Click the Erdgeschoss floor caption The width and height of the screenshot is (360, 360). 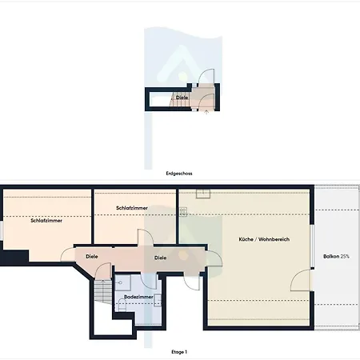pyautogui.click(x=179, y=174)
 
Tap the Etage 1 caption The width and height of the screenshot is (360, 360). pyautogui.click(x=179, y=352)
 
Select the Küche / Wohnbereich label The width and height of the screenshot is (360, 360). pyautogui.click(x=264, y=239)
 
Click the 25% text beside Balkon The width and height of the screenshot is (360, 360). pyautogui.click(x=345, y=256)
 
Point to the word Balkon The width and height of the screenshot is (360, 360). pyautogui.click(x=331, y=256)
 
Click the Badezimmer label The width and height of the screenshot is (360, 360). pyautogui.click(x=138, y=297)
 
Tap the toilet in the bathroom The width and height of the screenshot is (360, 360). pyautogui.click(x=122, y=305)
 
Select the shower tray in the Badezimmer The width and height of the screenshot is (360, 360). pyautogui.click(x=122, y=282)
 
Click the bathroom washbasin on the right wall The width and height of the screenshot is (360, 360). pyautogui.click(x=158, y=300)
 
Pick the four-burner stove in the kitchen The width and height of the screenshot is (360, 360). pyautogui.click(x=183, y=212)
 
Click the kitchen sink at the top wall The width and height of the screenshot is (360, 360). pyautogui.click(x=203, y=194)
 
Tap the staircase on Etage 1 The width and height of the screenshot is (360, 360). pyautogui.click(x=103, y=291)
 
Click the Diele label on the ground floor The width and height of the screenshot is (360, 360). pyautogui.click(x=182, y=98)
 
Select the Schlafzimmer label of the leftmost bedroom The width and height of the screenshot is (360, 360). pyautogui.click(x=46, y=221)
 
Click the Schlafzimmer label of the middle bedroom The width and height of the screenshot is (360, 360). pyautogui.click(x=132, y=208)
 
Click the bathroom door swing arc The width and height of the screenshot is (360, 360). pyautogui.click(x=146, y=282)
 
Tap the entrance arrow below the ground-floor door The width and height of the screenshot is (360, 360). pyautogui.click(x=206, y=113)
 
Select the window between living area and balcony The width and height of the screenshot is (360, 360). pyautogui.click(x=312, y=246)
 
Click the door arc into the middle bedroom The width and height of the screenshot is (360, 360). pyautogui.click(x=148, y=234)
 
